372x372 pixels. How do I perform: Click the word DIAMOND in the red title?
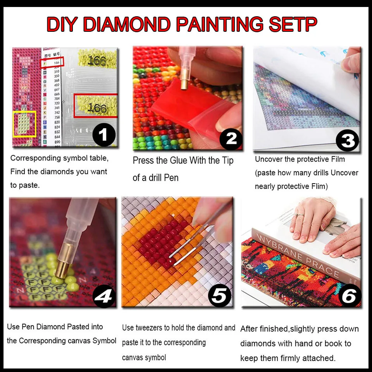click(x=127, y=24)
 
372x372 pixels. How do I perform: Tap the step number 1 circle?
click(x=104, y=134)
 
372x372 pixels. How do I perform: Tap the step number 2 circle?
click(x=231, y=138)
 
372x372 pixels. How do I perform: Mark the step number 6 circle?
click(x=348, y=296)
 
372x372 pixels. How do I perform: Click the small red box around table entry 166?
click(x=52, y=62)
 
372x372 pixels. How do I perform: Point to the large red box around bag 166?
click(x=96, y=105)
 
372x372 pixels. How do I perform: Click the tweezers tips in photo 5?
click(x=171, y=260)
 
